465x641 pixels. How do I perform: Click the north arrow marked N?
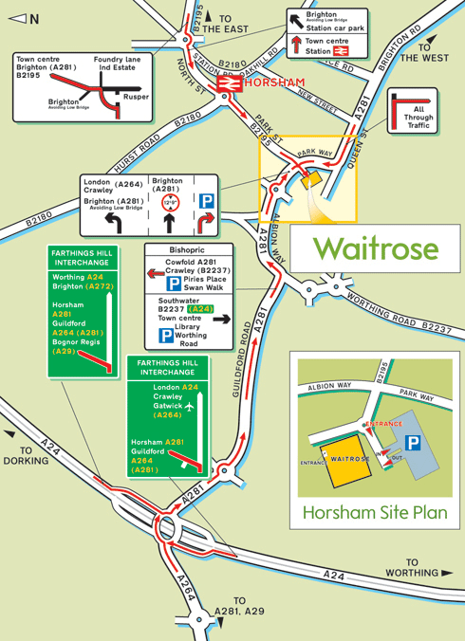click(24, 18)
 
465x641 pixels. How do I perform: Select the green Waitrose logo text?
click(376, 248)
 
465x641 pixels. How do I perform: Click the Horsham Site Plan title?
click(374, 513)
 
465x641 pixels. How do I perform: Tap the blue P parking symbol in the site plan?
click(413, 443)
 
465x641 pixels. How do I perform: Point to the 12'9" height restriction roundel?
click(171, 201)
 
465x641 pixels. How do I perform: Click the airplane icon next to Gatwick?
click(189, 406)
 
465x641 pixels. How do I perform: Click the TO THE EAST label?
click(226, 24)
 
